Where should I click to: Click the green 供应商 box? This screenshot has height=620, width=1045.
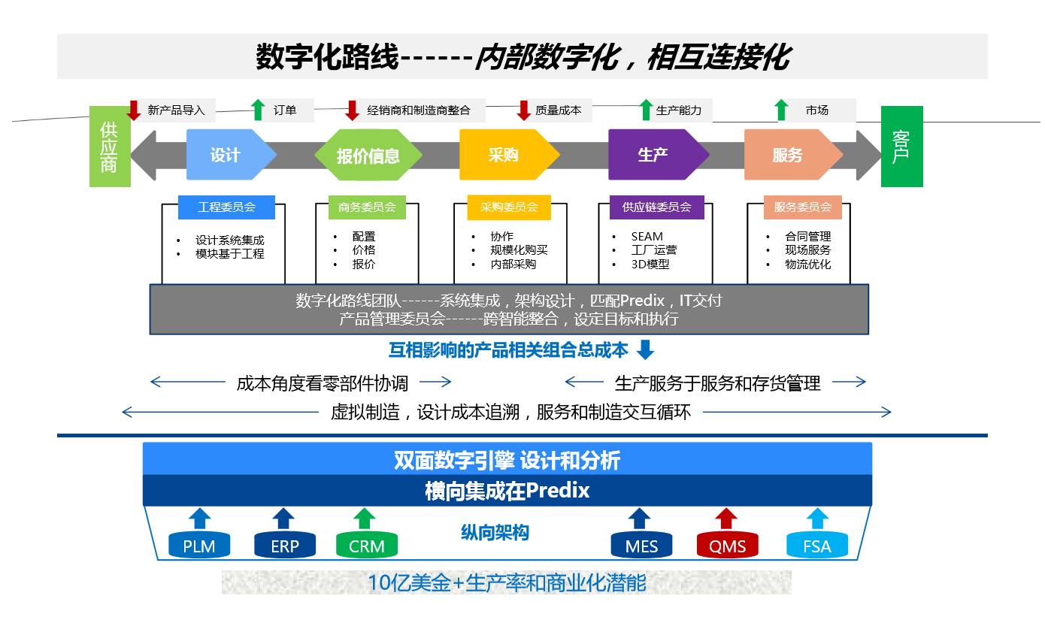pos(110,147)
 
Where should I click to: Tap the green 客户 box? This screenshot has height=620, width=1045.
pos(901,147)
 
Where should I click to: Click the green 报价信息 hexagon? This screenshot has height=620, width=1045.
pos(368,156)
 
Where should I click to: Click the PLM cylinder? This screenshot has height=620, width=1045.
pos(198,546)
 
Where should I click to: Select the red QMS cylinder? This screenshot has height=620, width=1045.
pos(727,546)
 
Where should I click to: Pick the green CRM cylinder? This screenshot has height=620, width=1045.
pos(366,546)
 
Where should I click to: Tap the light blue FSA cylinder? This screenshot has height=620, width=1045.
pos(816,546)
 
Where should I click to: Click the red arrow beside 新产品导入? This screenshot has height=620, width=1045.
pos(134,110)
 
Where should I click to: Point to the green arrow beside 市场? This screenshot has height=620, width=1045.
pos(781,110)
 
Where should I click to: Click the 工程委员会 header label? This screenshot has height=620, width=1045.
pos(226,207)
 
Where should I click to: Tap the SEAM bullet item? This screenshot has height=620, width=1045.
pos(647,237)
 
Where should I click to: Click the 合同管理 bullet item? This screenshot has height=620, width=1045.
pos(807,237)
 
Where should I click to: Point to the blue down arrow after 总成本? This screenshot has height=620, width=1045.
pos(645,350)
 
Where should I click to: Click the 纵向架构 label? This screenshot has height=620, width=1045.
pos(495,533)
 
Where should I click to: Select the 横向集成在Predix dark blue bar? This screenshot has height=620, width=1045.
pos(507,491)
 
